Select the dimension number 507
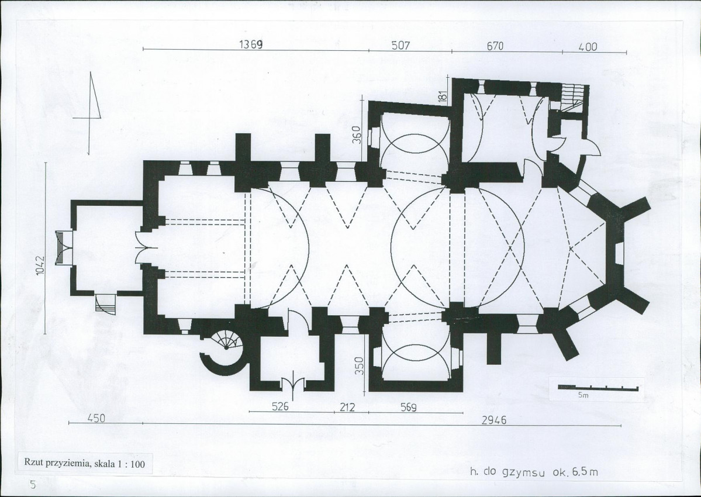click(400, 46)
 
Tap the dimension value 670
click(495, 46)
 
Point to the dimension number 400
click(588, 47)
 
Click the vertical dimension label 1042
click(40, 265)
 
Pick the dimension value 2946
click(494, 420)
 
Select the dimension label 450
click(96, 418)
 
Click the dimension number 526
click(281, 407)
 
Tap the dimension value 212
click(347, 407)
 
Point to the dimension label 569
click(408, 408)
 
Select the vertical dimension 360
click(356, 134)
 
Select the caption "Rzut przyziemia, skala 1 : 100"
click(85, 464)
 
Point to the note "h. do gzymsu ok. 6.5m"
click(534, 472)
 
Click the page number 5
click(32, 485)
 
